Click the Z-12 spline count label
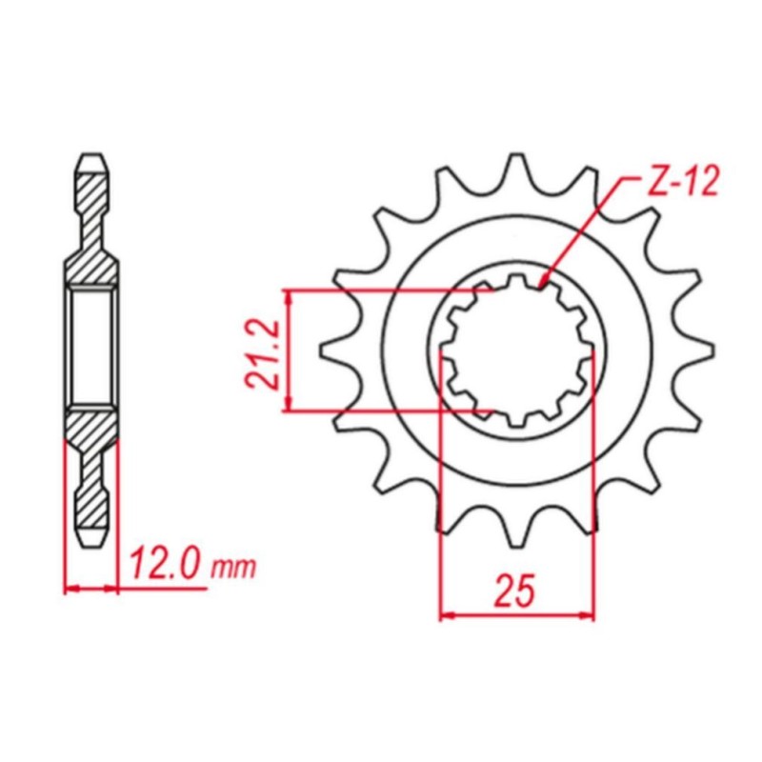(x=683, y=183)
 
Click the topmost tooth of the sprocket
(x=515, y=168)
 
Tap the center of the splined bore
(x=515, y=350)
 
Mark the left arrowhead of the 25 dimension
(x=444, y=616)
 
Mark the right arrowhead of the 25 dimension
(x=590, y=616)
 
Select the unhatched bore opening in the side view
(x=92, y=350)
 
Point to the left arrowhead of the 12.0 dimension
(x=68, y=588)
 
